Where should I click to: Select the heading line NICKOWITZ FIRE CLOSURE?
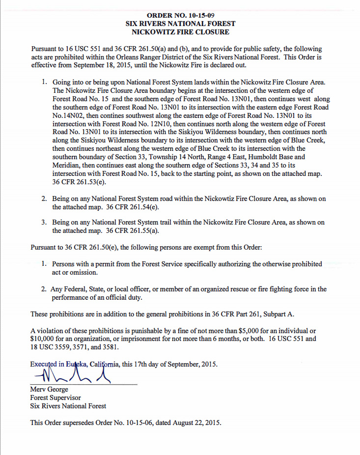pyautogui.click(x=180, y=32)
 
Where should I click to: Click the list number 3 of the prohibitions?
pyautogui.click(x=44, y=223)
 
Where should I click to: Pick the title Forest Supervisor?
pyautogui.click(x=55, y=398)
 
